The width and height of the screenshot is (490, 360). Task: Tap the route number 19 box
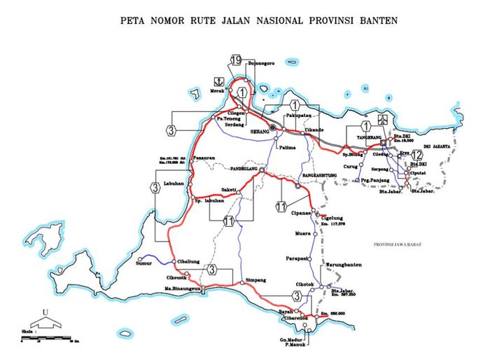click(x=236, y=60)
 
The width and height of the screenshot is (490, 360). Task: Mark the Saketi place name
click(x=227, y=189)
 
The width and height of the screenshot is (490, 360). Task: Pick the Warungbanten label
click(x=344, y=265)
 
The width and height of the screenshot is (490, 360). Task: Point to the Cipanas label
click(x=302, y=213)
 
